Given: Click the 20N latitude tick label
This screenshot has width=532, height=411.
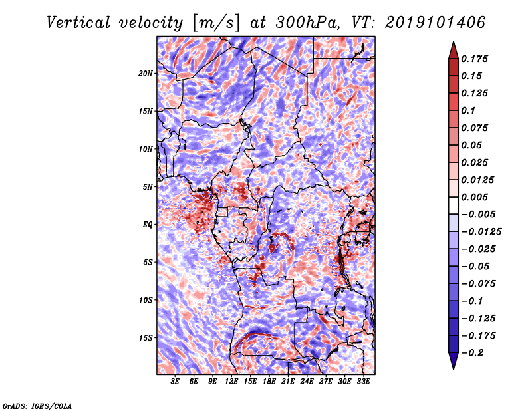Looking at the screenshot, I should (146, 73).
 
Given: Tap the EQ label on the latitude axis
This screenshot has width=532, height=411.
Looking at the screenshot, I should (147, 225).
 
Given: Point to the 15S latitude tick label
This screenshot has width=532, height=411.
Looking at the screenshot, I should (146, 338).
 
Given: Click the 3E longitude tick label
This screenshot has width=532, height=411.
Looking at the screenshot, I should (176, 382).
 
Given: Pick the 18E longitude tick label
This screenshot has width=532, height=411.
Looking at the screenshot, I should (269, 382).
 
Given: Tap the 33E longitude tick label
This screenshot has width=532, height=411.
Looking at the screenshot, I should (364, 382).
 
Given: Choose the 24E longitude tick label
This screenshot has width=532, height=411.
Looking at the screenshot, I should (307, 382).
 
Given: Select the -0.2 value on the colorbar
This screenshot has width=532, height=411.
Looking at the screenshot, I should (474, 352).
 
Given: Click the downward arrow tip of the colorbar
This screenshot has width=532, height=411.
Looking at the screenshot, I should (453, 368).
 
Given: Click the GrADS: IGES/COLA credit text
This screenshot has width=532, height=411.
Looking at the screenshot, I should (37, 405).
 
